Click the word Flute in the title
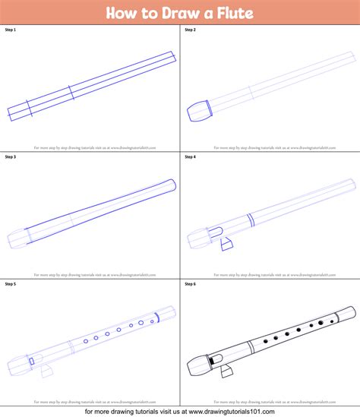click(232, 13)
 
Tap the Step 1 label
click(11, 30)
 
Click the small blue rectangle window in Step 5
click(32, 361)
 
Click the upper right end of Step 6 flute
click(353, 311)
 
